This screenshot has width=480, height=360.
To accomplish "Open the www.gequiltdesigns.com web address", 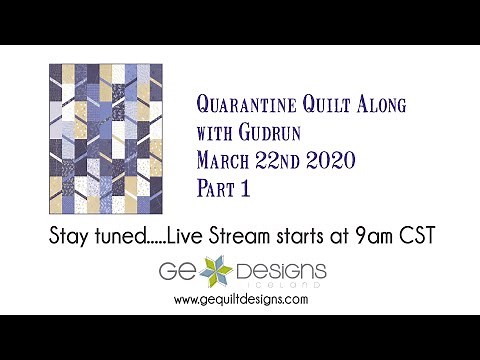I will [240, 299].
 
